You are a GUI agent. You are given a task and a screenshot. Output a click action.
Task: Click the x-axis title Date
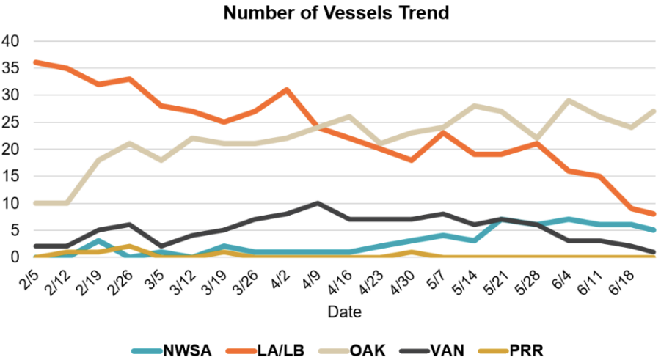pyautogui.click(x=343, y=312)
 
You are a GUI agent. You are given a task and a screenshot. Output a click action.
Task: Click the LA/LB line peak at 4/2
pyautogui.click(x=286, y=89)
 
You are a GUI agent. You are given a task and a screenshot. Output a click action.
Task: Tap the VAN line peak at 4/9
pyautogui.click(x=317, y=203)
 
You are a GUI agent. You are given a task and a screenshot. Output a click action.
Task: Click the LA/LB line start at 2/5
pyautogui.click(x=35, y=62)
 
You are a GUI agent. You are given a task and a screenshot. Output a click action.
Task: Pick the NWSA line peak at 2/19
pyautogui.click(x=98, y=240)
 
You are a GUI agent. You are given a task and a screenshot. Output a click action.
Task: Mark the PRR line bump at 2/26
pyautogui.click(x=129, y=246)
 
